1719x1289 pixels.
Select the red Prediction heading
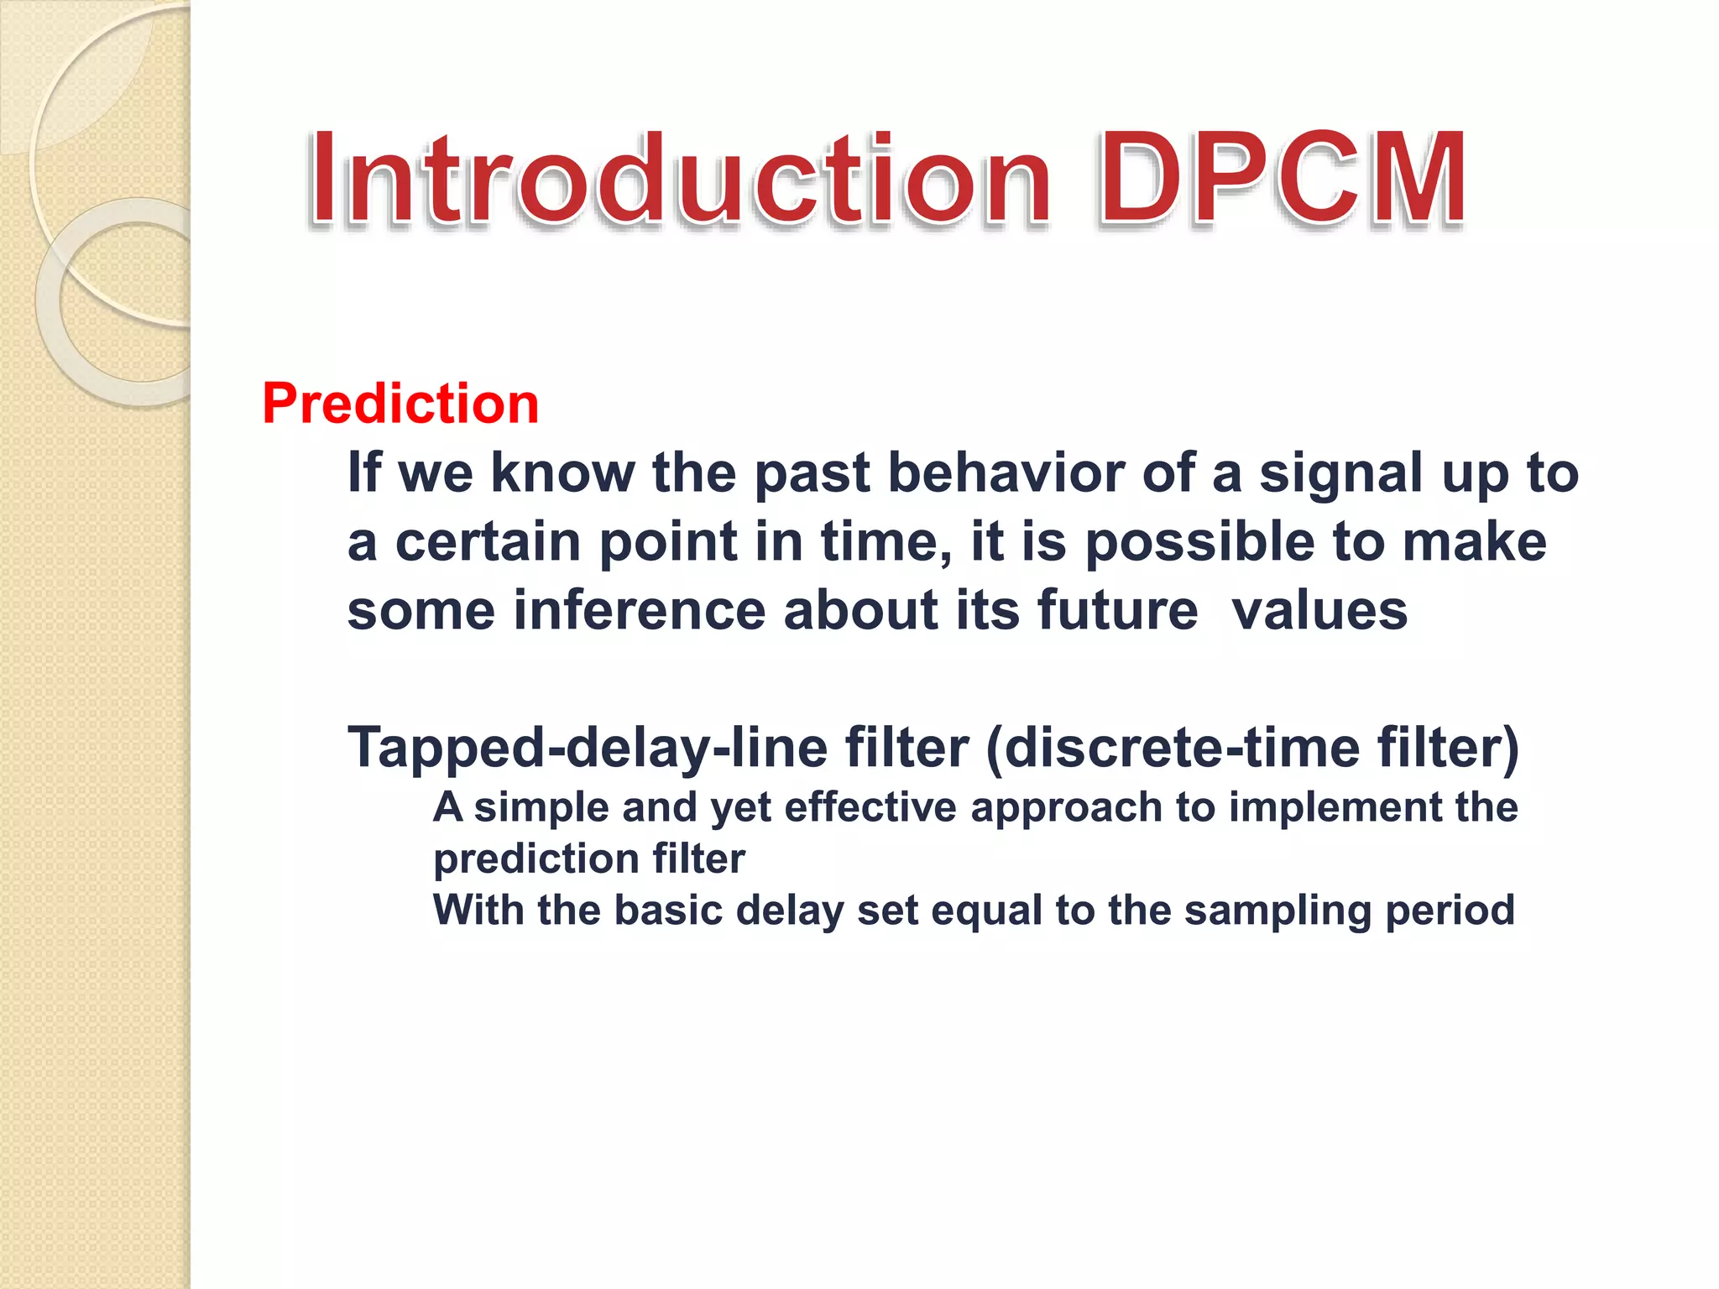pyautogui.click(x=400, y=404)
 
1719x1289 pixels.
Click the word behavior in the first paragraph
pyautogui.click(x=1006, y=472)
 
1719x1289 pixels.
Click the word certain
pyautogui.click(x=488, y=541)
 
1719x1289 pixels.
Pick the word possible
pyautogui.click(x=1200, y=543)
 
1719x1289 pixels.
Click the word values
pyautogui.click(x=1319, y=610)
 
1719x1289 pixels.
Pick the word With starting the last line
pyautogui.click(x=478, y=910)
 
